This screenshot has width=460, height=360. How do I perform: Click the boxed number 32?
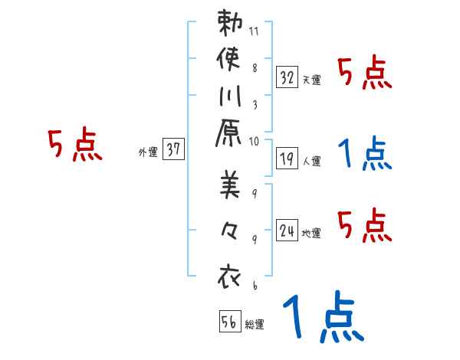click(x=287, y=77)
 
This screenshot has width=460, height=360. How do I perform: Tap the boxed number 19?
click(x=287, y=159)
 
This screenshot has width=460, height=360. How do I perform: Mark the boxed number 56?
click(x=228, y=322)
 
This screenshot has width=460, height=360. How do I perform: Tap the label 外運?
click(x=148, y=152)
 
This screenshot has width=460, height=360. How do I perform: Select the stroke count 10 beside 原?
click(x=255, y=141)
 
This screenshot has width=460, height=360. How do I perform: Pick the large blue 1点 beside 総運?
click(x=322, y=316)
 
